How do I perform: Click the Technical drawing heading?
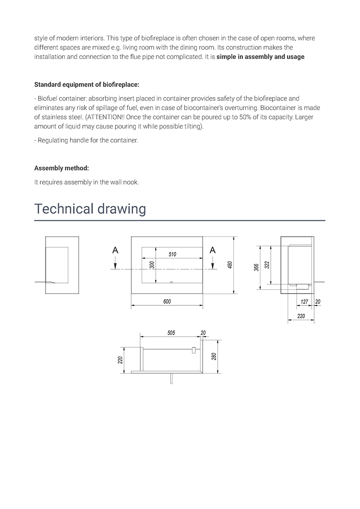pos(90,209)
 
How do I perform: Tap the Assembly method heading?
pos(62,168)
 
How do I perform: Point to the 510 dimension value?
pos(172,255)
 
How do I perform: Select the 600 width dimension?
pos(167,302)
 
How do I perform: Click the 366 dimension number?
pos(257,267)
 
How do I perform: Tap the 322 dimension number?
pos(267,265)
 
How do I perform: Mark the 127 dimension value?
pos(304,302)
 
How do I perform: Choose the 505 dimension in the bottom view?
pos(171,333)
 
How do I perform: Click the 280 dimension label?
pos(214,356)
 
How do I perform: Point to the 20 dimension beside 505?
pos(203,333)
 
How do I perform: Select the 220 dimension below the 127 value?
pos(301,316)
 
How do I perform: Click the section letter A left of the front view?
pos(115,251)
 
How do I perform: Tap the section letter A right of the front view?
pos(213,251)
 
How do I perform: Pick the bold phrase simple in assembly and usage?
pos(260,57)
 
